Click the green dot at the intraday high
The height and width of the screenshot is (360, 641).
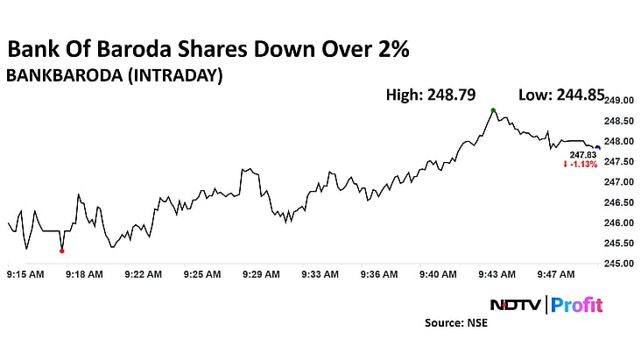point(493,110)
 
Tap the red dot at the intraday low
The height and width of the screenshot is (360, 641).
point(61,251)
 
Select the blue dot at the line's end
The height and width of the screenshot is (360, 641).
point(598,147)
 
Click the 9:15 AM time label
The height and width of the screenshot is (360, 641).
point(25,274)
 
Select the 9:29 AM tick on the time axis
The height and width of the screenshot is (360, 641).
point(260,274)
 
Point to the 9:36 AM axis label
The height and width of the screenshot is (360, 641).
point(378,274)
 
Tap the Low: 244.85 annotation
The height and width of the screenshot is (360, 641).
point(562,95)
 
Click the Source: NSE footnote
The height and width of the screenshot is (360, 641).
point(456,323)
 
